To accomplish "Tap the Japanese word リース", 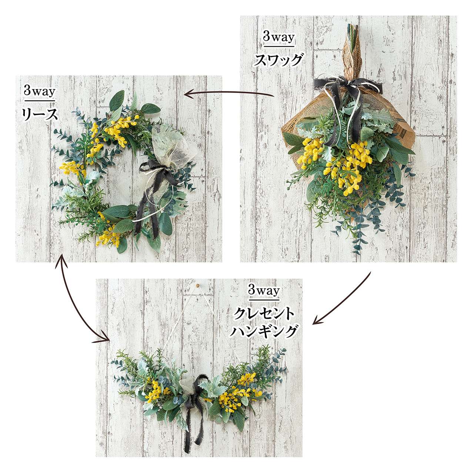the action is tap(40, 114).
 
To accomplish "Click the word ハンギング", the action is tap(264, 331).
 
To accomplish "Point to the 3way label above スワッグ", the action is tap(279, 37).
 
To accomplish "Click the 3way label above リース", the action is tap(40, 92).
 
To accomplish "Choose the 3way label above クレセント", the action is tap(264, 291).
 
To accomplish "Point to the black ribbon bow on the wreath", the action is tap(157, 172).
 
